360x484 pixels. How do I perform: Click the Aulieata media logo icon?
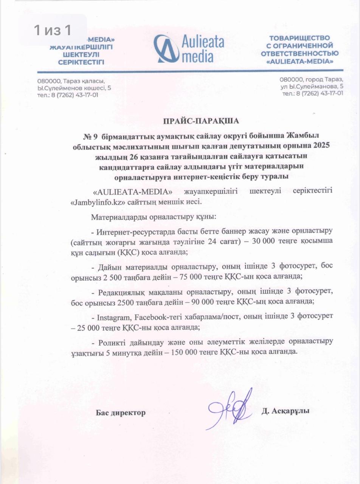click(x=167, y=48)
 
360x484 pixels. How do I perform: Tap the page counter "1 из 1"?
click(x=53, y=30)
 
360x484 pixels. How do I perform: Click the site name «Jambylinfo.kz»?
click(x=98, y=202)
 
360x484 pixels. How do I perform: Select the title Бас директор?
click(x=120, y=413)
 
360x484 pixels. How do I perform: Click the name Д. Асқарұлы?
click(x=285, y=411)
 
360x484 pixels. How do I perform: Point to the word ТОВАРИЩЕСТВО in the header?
click(x=299, y=38)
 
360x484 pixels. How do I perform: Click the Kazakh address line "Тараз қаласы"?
click(x=71, y=81)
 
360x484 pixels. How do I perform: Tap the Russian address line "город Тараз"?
click(x=311, y=79)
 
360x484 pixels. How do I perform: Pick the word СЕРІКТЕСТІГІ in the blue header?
click(x=81, y=62)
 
